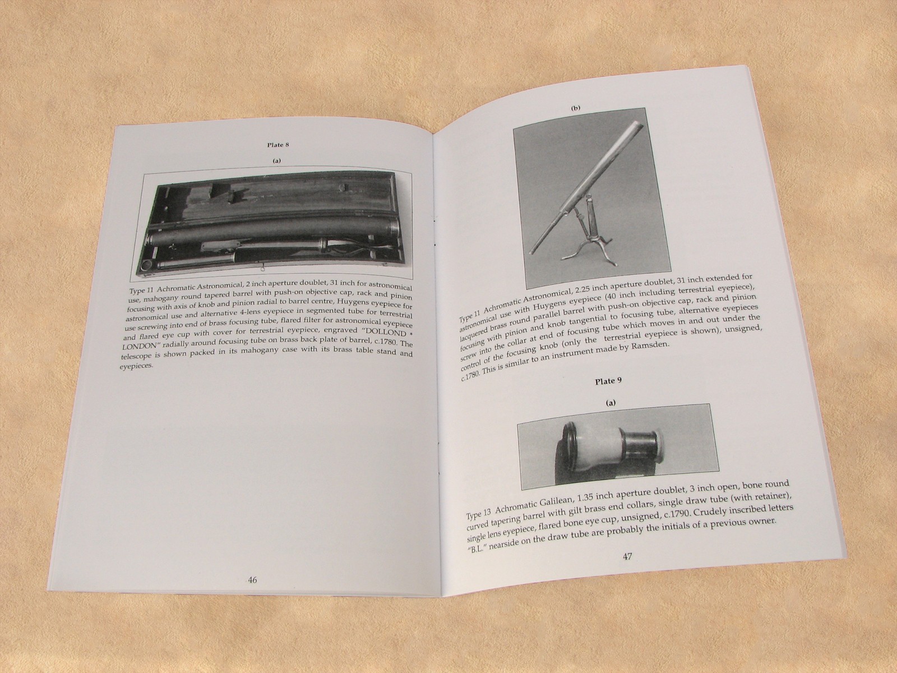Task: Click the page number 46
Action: [x=252, y=580]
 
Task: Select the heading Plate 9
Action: [x=608, y=381]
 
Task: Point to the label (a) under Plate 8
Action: [x=276, y=161]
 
